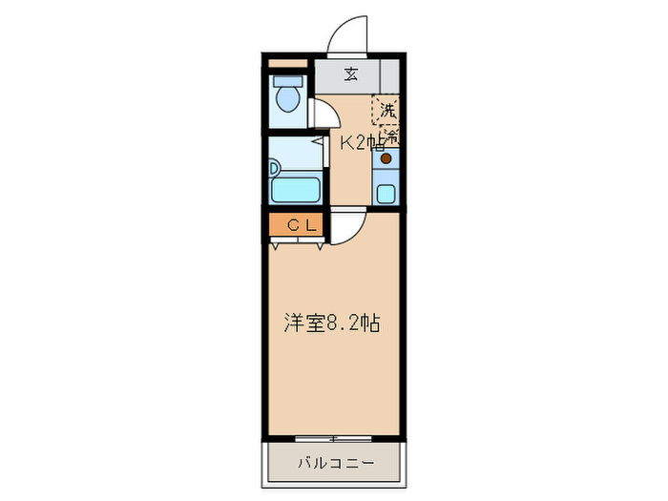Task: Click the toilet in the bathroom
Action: pos(287,97)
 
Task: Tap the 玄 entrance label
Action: pos(350,73)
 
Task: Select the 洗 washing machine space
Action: pos(386,111)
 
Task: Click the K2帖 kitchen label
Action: pos(363,143)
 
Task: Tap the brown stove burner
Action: pos(386,159)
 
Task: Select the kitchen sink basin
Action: pos(386,195)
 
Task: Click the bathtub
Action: pos(297,188)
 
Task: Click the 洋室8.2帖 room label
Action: pos(331,323)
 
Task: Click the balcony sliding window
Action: pos(333,438)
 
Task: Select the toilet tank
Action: pos(287,81)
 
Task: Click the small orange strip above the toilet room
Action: pos(287,65)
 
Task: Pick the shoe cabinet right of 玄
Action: pos(387,73)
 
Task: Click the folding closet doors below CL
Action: pos(296,242)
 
